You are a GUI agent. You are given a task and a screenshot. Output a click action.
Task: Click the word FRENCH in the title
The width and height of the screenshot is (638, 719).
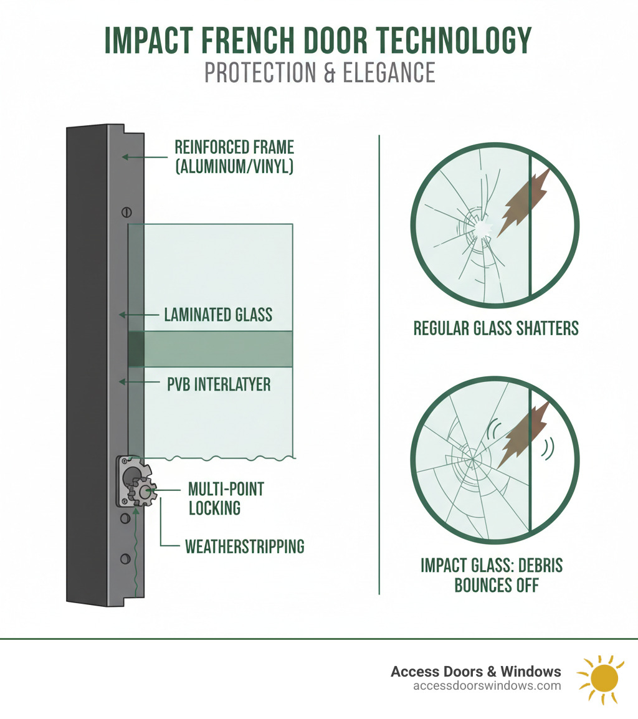247,41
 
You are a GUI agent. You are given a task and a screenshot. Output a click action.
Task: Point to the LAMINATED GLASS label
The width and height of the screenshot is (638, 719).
218,314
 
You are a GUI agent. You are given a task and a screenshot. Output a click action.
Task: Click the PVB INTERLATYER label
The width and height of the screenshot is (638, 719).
219,384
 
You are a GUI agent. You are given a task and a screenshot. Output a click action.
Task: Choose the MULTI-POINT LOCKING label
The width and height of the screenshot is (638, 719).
226,498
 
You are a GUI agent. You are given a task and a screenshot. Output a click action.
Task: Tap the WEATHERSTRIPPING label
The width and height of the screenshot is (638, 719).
244,547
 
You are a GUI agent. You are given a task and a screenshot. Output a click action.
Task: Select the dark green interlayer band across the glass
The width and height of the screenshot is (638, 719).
212,349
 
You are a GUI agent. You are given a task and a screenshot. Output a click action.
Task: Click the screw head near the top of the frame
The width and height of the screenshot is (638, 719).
126,212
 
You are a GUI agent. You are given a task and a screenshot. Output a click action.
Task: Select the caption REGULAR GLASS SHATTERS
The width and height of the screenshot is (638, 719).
496,328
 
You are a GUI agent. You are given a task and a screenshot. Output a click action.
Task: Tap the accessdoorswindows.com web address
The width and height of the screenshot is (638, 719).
487,686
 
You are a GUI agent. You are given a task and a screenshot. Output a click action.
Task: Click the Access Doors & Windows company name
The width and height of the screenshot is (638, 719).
475,672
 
